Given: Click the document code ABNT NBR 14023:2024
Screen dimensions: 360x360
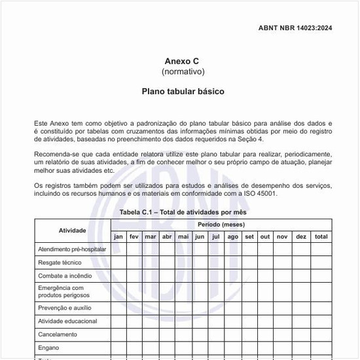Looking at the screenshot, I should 295,27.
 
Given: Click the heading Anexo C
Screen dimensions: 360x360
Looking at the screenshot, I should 183,61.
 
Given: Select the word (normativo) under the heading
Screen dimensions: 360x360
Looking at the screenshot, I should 183,71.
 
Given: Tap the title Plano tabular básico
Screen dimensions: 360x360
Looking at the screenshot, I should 183,92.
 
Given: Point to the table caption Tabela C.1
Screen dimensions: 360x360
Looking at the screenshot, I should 183,213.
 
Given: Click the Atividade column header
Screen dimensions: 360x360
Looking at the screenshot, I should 72,230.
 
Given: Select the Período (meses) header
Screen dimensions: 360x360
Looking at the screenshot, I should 221,225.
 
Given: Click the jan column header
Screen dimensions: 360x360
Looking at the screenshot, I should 118,236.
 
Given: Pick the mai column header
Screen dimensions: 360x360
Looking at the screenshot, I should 183,236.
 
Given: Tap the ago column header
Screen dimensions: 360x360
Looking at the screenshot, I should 232,236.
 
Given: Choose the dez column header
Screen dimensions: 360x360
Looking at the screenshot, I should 300,236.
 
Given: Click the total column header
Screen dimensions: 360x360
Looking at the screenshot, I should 321,236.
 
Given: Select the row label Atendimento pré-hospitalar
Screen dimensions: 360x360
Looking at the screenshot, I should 71,249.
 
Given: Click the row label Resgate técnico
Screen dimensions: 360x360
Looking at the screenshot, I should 60,262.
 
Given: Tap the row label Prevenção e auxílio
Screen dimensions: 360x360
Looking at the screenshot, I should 65,308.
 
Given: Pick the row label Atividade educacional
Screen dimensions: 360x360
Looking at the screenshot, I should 67,321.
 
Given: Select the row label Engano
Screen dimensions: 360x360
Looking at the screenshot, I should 48,348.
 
